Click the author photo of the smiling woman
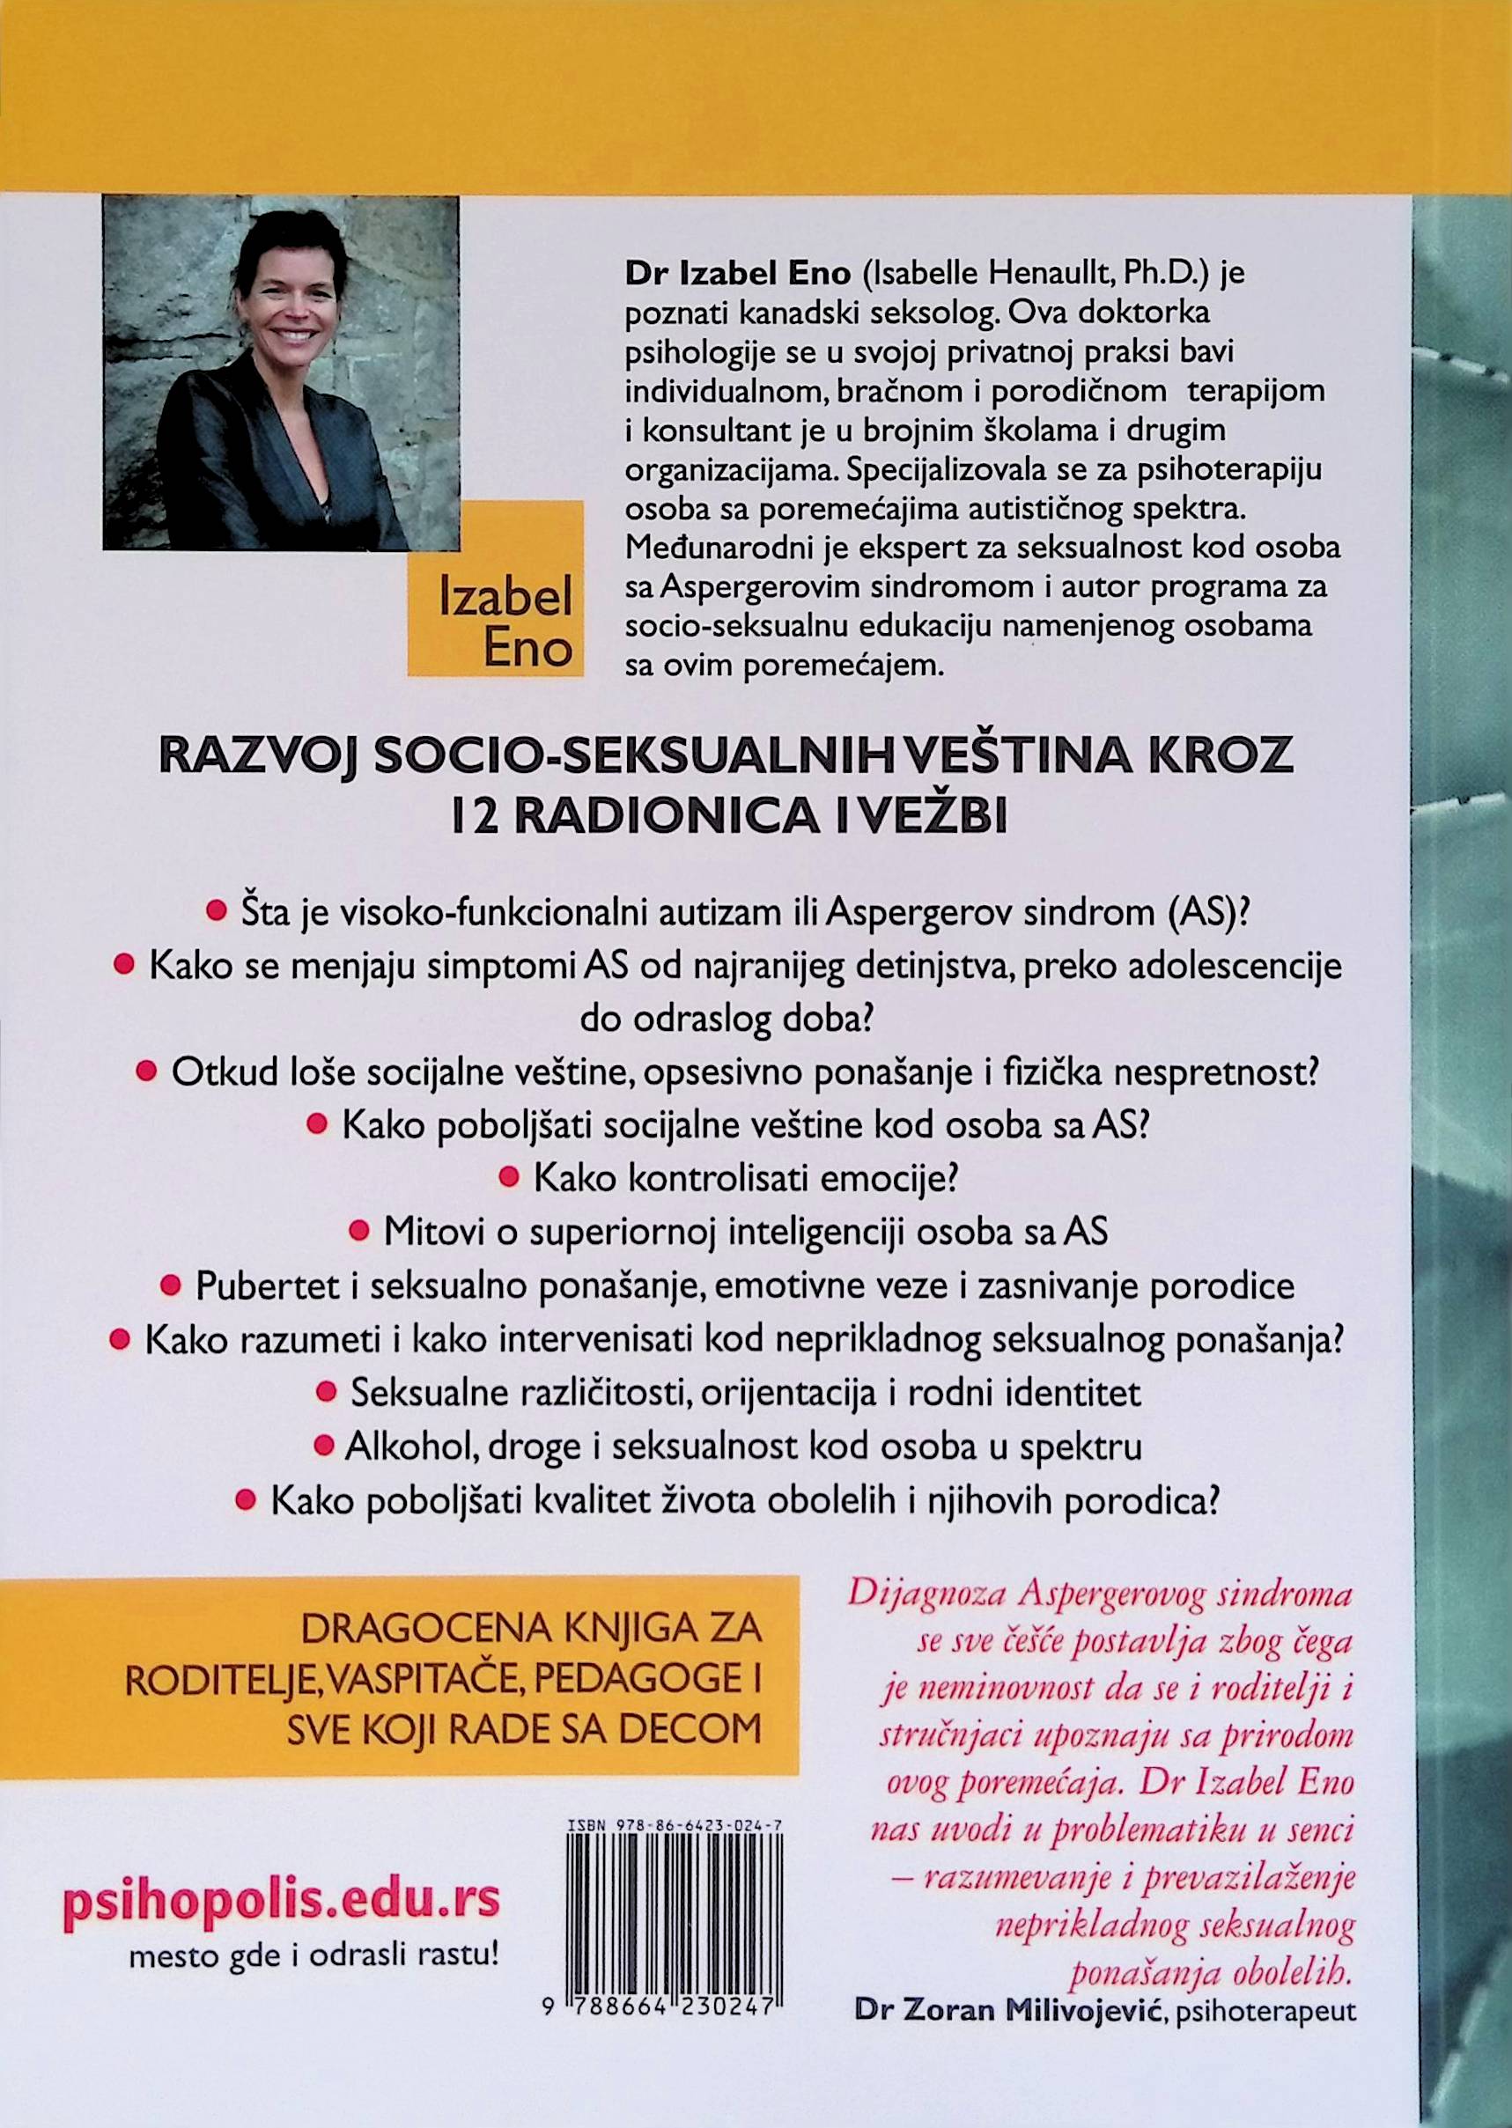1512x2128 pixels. point(280,372)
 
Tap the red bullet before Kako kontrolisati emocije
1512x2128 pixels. point(509,1177)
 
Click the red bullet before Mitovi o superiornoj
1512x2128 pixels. point(358,1232)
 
